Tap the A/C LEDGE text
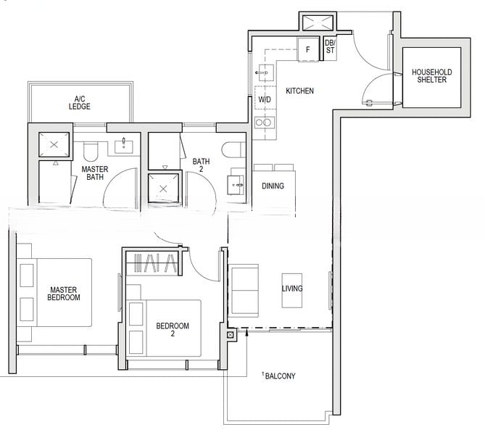coord(80,102)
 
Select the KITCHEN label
coord(299,91)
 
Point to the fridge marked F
coord(308,50)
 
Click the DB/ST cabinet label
coord(330,46)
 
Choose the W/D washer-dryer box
coord(265,99)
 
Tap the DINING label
coord(273,186)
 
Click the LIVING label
coord(292,289)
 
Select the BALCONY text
coord(280,376)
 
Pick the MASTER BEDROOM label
coord(64,292)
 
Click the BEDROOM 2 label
coord(173,330)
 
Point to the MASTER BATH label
coord(94,173)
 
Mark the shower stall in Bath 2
coord(163,188)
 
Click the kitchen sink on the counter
coord(263,73)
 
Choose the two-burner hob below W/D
coord(265,123)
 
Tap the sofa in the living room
coord(244,289)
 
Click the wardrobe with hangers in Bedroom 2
coord(153,262)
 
